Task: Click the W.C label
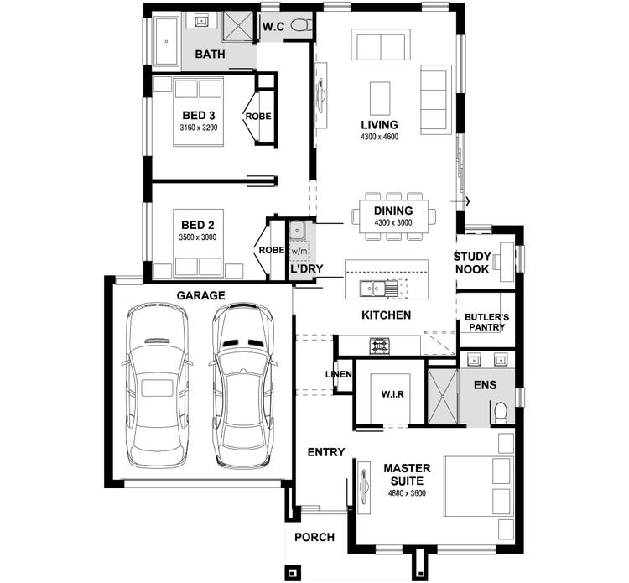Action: (x=273, y=27)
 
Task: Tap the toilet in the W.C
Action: (x=301, y=26)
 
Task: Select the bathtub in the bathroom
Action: (x=166, y=41)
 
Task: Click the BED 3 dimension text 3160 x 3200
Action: (x=199, y=128)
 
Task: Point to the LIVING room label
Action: (x=379, y=124)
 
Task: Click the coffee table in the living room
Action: (x=379, y=98)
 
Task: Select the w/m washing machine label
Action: (x=299, y=251)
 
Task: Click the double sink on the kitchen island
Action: (x=373, y=288)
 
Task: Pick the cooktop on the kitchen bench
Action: (x=379, y=346)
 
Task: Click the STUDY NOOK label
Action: (x=472, y=263)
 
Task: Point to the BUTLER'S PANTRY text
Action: (x=486, y=322)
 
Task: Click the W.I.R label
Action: (x=392, y=394)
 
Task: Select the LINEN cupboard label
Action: (x=339, y=374)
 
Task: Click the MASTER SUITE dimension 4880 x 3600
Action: (x=407, y=492)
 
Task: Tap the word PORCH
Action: (x=314, y=537)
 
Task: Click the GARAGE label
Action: (x=200, y=295)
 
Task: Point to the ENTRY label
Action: (x=326, y=452)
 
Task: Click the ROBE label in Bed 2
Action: (x=272, y=250)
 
